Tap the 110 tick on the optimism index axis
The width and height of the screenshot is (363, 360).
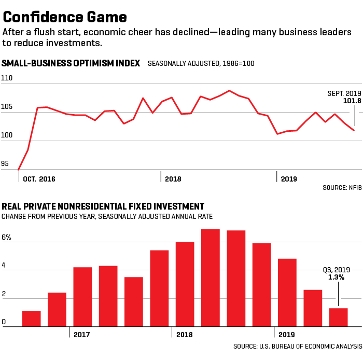[x=7, y=77]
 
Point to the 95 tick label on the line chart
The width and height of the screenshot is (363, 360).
[x=5, y=164]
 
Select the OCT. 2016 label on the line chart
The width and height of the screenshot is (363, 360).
[x=39, y=179]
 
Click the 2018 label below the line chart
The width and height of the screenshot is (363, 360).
[x=173, y=179]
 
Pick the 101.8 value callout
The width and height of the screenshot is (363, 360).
[x=352, y=101]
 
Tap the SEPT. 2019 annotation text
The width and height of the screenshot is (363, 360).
[x=344, y=93]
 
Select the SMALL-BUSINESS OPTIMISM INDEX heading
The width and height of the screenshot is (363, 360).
[x=71, y=63]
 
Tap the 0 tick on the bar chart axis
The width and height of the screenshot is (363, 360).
[x=4, y=322]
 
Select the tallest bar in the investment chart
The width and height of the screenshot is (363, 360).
[x=211, y=278]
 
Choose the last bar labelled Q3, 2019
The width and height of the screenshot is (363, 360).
[x=338, y=317]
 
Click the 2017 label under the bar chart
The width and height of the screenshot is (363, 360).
[x=81, y=335]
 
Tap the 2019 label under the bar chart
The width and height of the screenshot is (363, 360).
[x=287, y=335]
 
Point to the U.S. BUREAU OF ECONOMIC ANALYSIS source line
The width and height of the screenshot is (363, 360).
[x=297, y=346]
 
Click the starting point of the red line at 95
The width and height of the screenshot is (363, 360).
[x=19, y=170]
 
